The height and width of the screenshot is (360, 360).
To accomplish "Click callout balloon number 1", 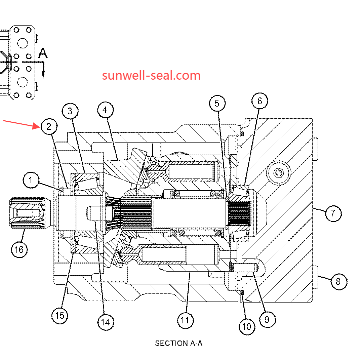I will (x=31, y=181).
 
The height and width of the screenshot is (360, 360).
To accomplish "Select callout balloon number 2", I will (x=49, y=127).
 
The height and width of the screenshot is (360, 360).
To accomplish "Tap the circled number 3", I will (x=70, y=111).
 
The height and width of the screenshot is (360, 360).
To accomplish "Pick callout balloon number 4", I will (x=105, y=110).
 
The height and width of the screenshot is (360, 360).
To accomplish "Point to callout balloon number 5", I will (x=217, y=103).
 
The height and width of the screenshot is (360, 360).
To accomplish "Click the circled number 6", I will (x=260, y=101).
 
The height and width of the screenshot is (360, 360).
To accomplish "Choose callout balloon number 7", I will (x=333, y=213).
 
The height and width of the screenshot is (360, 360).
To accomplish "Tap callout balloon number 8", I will (x=338, y=281).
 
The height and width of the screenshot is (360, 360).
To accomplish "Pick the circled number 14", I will (x=106, y=322).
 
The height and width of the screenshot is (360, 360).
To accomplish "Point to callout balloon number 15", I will (x=59, y=315).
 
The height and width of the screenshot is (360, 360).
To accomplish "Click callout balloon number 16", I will (x=19, y=249).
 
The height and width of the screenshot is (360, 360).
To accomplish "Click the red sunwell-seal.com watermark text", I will (x=151, y=75).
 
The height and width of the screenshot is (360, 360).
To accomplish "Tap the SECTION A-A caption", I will (x=178, y=343).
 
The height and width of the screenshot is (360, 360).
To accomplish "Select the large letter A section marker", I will (x=43, y=53).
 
